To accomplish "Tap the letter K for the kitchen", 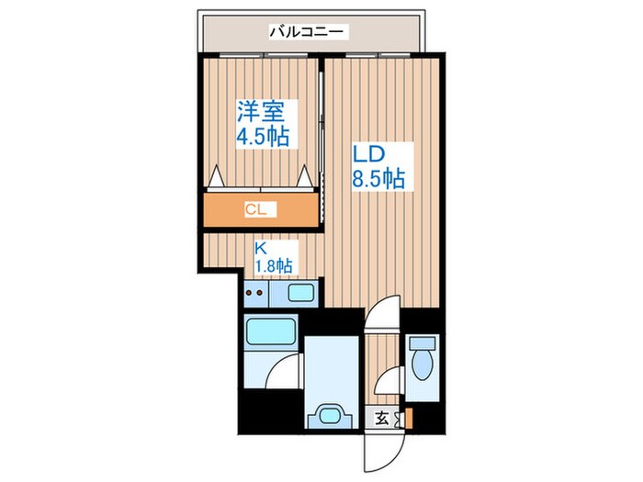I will (261, 247).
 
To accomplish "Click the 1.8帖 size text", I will (273, 266).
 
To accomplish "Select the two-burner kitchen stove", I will (256, 294).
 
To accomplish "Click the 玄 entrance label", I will (381, 419).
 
